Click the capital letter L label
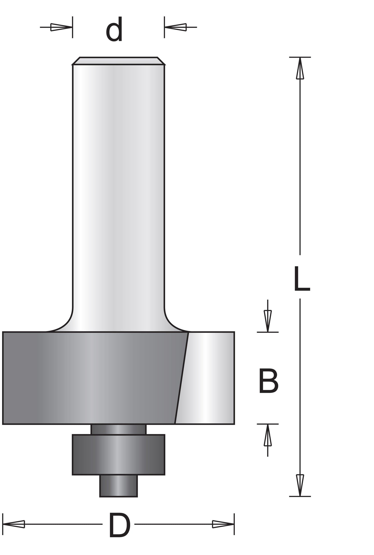[302, 279]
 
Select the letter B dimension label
[268, 381]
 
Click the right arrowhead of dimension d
[175, 27]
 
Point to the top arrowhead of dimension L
[300, 68]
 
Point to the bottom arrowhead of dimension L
[300, 485]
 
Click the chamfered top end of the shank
[118, 61]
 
